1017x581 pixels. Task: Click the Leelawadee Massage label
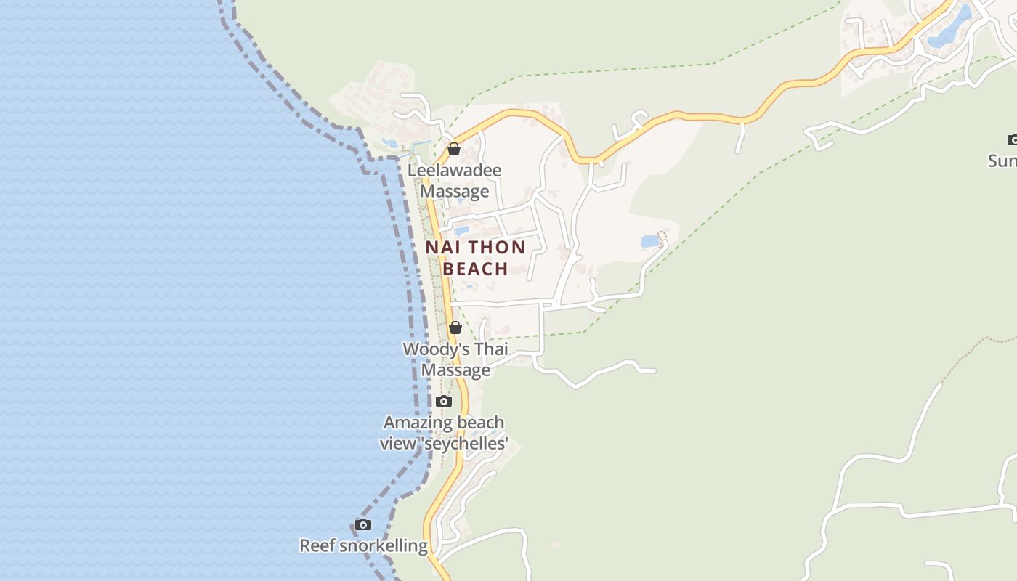[455, 181]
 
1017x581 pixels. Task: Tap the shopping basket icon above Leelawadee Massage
[454, 150]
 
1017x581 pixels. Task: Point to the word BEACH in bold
[475, 269]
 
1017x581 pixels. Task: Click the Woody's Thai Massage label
[455, 359]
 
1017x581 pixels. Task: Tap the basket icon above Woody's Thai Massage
[455, 328]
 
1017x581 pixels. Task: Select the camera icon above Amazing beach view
[444, 402]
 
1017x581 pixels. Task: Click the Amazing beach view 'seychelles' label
[444, 433]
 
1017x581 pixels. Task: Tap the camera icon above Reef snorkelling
[363, 525]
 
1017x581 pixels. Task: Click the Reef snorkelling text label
[364, 545]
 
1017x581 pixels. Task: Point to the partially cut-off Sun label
[1002, 161]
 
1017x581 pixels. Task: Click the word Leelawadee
[455, 171]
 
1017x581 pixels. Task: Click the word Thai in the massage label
[491, 349]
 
